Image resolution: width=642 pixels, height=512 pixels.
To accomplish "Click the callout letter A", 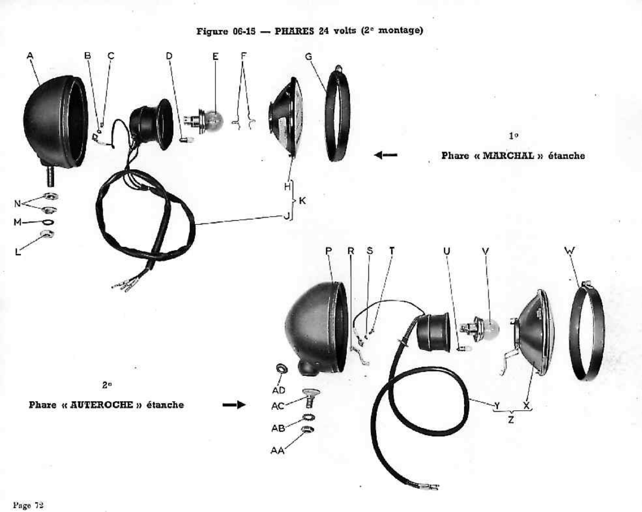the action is [30, 56].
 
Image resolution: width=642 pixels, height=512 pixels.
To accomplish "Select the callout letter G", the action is [309, 57].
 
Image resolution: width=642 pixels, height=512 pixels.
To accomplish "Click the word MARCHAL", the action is [509, 156].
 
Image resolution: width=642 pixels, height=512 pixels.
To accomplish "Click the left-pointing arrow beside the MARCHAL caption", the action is [385, 155].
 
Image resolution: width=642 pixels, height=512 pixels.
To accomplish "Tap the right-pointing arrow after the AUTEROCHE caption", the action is [234, 405].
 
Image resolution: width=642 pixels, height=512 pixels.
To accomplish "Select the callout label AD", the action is [279, 390].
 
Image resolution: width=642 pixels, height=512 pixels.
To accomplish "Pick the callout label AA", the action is [277, 450].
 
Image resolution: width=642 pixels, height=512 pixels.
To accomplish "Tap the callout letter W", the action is [570, 251].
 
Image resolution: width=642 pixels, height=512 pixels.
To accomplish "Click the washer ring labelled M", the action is [48, 222].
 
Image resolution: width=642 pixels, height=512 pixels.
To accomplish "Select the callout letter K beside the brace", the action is [302, 201].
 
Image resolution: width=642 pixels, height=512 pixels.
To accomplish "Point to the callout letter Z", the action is [511, 420].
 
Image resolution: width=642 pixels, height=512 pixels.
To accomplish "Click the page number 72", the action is [39, 505].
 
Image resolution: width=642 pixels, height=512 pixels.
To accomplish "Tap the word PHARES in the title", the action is [294, 31].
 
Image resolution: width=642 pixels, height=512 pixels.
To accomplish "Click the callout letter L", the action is [18, 251].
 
